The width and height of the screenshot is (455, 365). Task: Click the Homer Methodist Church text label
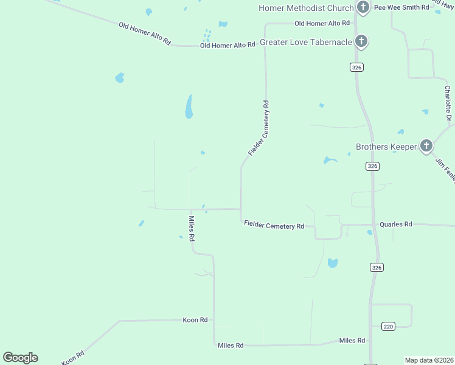click(305, 8)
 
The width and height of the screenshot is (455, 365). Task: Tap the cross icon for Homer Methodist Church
click(363, 7)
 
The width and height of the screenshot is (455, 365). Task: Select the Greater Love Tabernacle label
click(306, 42)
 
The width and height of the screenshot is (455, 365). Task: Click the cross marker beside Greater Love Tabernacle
click(361, 41)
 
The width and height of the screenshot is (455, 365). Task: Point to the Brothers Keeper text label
click(386, 147)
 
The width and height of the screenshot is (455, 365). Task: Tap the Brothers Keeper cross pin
click(426, 145)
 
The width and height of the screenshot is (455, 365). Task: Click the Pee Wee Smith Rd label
click(401, 7)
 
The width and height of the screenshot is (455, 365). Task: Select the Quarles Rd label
click(396, 224)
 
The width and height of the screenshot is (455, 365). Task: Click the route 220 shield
click(389, 327)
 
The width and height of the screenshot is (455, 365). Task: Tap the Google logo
click(20, 358)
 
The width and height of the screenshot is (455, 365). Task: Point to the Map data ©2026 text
click(429, 360)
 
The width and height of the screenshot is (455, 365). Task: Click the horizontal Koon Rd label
click(195, 319)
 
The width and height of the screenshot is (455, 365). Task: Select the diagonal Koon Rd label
click(72, 357)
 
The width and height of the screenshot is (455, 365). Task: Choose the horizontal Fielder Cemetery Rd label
click(274, 225)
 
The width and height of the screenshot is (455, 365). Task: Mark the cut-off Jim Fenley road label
click(445, 169)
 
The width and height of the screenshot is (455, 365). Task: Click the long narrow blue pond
click(189, 106)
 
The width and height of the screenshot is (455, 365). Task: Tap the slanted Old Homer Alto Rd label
click(145, 32)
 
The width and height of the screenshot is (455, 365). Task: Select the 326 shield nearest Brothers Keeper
click(373, 166)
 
